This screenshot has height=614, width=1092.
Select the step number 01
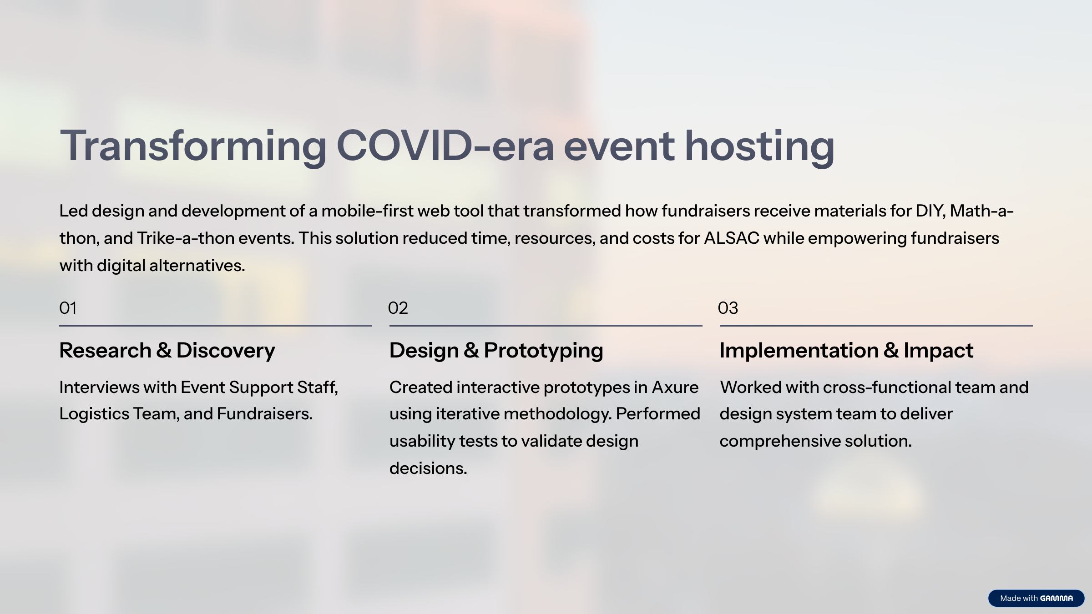(x=68, y=308)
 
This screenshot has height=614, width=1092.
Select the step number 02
(x=398, y=308)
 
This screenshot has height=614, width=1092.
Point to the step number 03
(x=728, y=308)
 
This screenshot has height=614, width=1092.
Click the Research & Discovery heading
(x=167, y=351)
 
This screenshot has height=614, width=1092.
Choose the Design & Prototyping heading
(x=496, y=351)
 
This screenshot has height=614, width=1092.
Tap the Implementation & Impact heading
(x=846, y=351)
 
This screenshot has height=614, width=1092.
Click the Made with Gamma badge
(x=1036, y=598)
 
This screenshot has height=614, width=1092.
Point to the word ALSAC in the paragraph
(x=732, y=238)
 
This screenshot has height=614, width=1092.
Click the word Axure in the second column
(x=675, y=388)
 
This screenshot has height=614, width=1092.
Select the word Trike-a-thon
(x=186, y=238)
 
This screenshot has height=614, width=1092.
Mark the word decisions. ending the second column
(x=428, y=468)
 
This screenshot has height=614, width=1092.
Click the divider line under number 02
(x=546, y=326)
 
